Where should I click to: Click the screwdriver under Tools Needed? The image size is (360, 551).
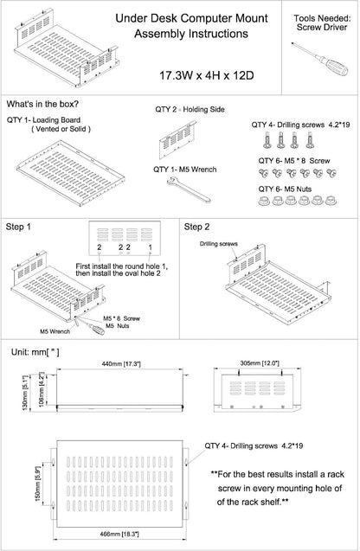pos(319,59)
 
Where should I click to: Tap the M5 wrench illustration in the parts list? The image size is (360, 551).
pos(189,189)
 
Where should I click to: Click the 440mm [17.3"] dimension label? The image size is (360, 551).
pos(121,363)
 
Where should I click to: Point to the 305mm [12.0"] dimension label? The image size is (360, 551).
pos(260,363)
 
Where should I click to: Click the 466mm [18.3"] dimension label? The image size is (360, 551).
pos(119,535)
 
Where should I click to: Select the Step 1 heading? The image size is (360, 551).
pos(18,227)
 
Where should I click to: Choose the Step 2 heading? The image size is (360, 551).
pos(197,227)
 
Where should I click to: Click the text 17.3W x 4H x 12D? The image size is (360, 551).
pos(207,75)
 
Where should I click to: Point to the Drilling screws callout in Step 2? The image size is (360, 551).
pos(219,244)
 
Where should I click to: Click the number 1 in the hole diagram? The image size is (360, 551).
pos(150,247)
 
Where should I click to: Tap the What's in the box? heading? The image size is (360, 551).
pos(42,104)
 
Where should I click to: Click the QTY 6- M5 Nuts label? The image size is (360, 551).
pos(285,189)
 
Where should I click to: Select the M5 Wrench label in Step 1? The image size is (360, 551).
pos(55,331)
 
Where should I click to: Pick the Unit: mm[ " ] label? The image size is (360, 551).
pos(35,352)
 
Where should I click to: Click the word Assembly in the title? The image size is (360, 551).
pos(160,34)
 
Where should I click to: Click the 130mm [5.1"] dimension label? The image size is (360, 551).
pos(25,392)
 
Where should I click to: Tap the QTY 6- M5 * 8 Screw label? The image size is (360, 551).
pos(294,161)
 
